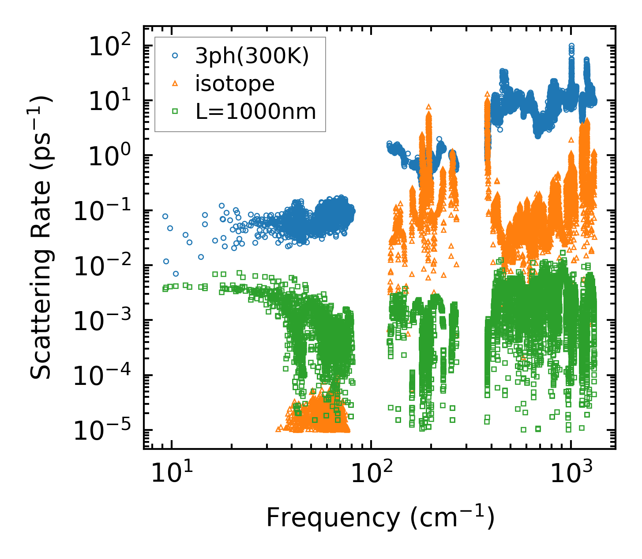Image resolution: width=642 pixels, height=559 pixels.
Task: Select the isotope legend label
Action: (235, 84)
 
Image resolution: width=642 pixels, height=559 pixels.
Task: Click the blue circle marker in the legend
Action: (175, 56)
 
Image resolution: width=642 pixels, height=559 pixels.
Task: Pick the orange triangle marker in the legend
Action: (175, 83)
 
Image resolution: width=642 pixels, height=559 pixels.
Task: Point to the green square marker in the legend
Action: (175, 111)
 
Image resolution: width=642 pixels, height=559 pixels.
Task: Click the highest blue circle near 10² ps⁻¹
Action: (571, 46)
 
